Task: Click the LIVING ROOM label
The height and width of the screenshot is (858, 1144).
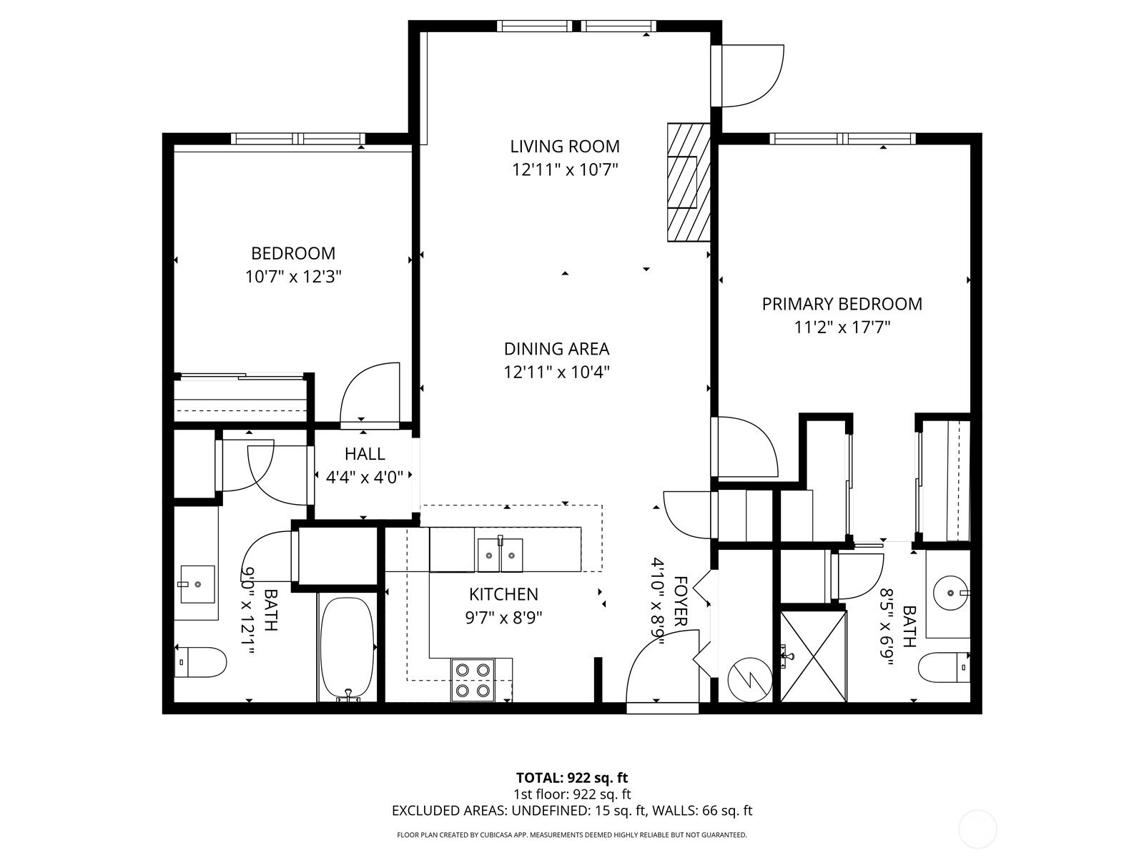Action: pos(565,147)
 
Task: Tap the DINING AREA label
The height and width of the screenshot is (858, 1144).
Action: pos(556,348)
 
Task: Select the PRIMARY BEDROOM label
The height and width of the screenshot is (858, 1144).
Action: pos(842,304)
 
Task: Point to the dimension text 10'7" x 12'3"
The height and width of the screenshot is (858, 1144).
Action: pos(293,276)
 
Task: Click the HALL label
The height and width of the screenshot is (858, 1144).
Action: pos(365,454)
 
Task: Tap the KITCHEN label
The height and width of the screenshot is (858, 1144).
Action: pos(503,594)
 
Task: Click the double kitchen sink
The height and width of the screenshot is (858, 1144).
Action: pos(500,555)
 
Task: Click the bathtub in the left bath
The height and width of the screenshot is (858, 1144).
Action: pos(347,649)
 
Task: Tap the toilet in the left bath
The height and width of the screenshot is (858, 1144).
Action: pos(201,662)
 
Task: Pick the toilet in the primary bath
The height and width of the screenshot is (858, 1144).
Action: pos(944,667)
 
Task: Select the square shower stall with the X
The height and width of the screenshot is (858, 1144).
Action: pos(814,656)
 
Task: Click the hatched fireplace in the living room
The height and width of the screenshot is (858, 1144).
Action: pos(689,182)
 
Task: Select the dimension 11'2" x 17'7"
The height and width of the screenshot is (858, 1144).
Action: pos(842,327)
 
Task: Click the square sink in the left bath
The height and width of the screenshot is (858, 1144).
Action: pos(197,584)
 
